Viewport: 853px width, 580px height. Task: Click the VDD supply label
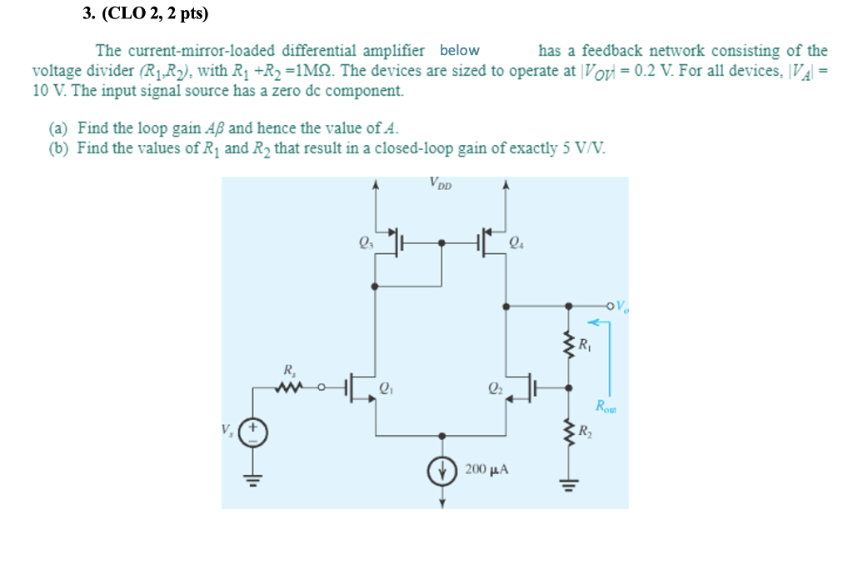[x=441, y=182]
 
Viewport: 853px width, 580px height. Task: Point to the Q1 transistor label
[x=385, y=387]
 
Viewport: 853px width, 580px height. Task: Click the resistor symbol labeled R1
[x=570, y=344]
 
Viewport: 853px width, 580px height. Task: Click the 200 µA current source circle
[x=441, y=470]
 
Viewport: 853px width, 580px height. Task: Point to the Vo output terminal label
[x=625, y=307]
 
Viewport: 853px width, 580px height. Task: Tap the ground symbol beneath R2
[x=570, y=484]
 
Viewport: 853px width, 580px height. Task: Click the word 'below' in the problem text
[x=459, y=51]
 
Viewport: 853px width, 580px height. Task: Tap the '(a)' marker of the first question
[x=58, y=128]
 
